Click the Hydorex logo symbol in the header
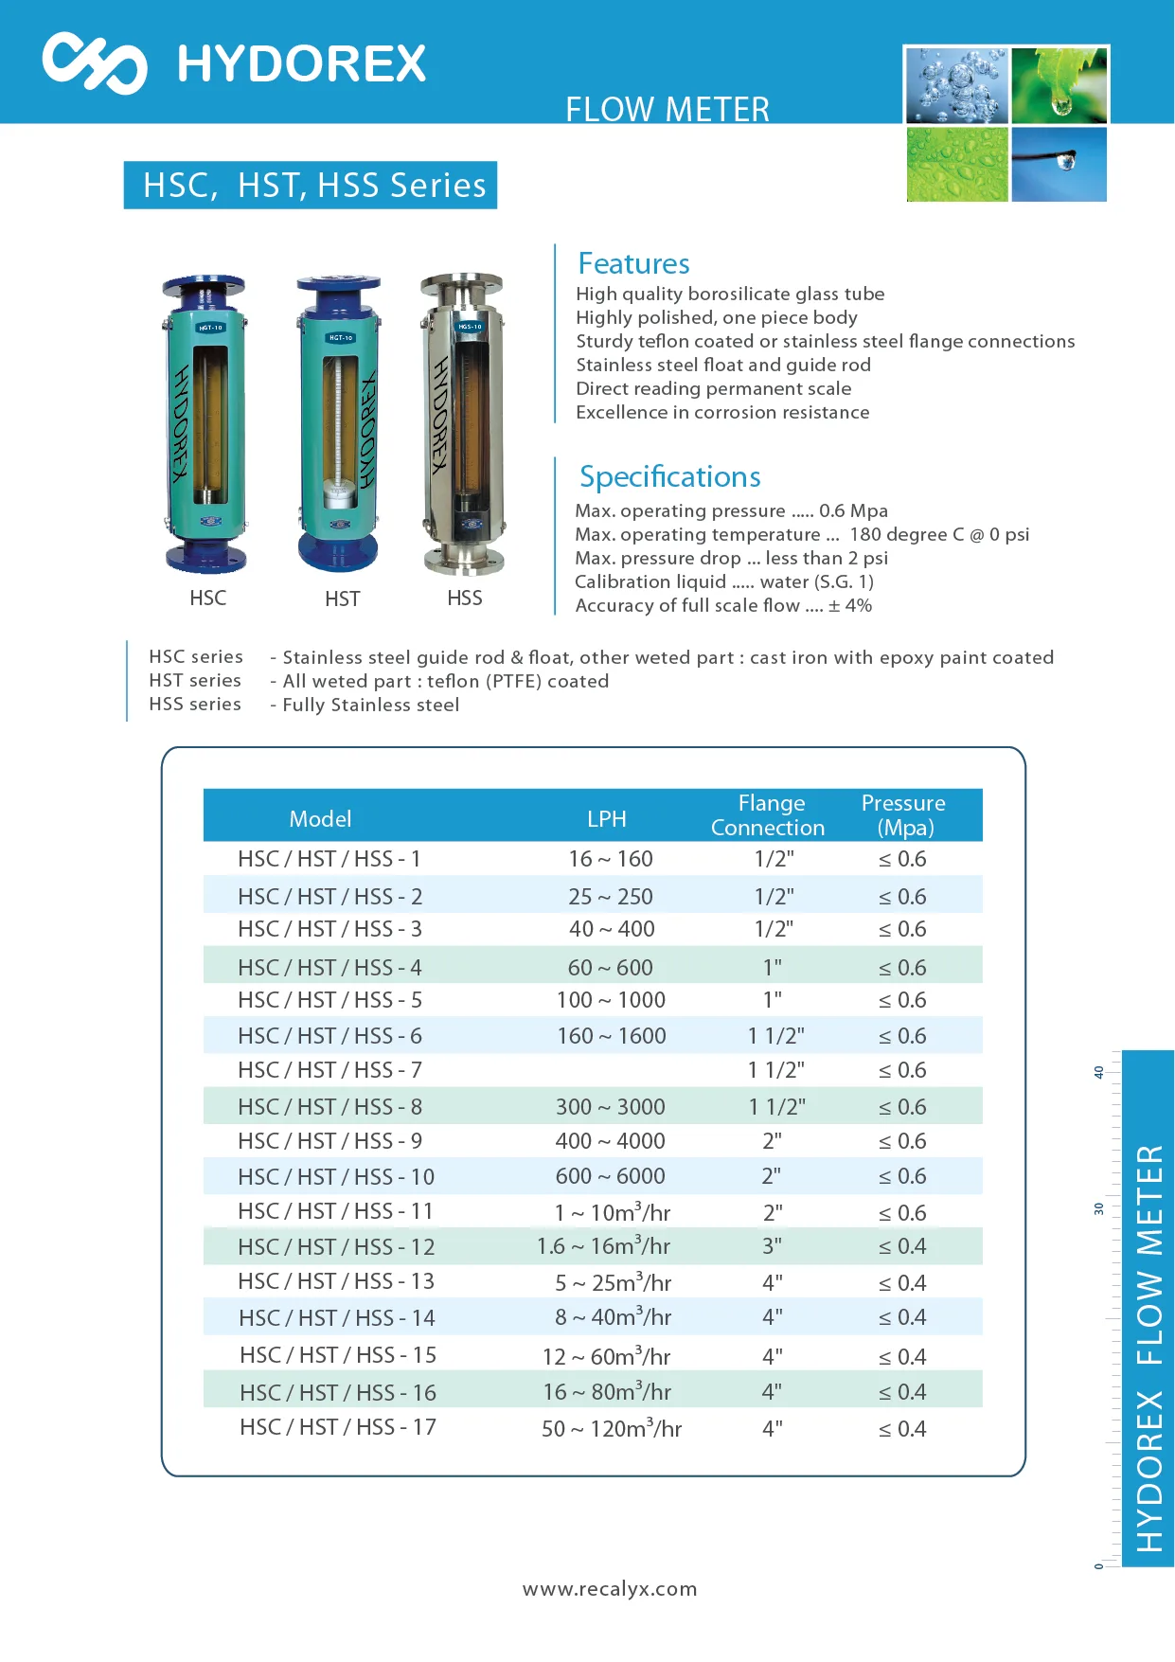tap(95, 63)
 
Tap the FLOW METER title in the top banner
tap(668, 109)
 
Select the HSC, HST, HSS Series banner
tap(311, 185)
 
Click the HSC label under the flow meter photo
tap(208, 599)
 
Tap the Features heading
tap(633, 263)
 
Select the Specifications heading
tap(669, 476)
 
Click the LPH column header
tap(606, 819)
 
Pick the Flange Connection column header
tap(769, 815)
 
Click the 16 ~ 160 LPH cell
tap(611, 859)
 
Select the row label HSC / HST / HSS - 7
tap(329, 1070)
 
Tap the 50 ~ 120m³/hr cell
tap(612, 1428)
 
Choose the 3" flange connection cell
tap(773, 1246)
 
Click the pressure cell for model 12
tap(902, 1246)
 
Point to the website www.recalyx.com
tap(610, 1588)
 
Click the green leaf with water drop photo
tap(1059, 85)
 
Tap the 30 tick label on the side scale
tap(1099, 1209)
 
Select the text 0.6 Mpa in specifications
tap(853, 511)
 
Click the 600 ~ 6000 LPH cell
tap(610, 1176)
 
